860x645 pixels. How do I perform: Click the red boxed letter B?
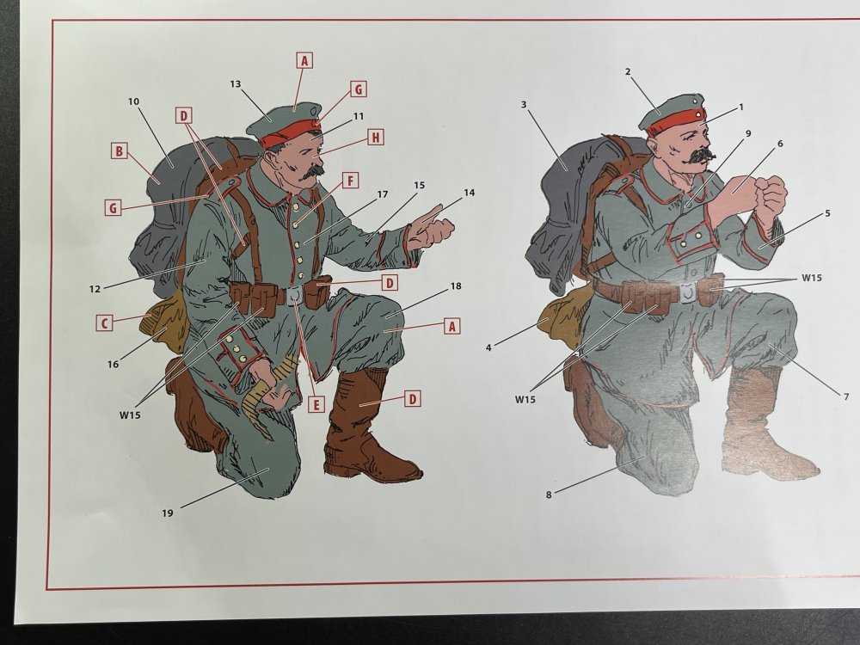[119, 150]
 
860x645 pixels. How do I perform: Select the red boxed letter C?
[104, 322]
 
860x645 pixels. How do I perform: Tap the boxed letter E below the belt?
[316, 405]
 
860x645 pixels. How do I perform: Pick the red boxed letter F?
[351, 181]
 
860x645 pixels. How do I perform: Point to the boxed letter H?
[375, 137]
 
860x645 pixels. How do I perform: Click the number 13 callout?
[236, 84]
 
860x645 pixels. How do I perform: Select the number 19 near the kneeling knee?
[168, 513]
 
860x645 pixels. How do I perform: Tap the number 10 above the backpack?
[134, 101]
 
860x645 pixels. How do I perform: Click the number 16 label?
[113, 364]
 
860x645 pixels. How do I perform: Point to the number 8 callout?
[549, 494]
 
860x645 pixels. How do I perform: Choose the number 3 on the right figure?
[524, 104]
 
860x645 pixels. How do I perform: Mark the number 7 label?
[846, 396]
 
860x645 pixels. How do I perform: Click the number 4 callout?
[488, 347]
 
